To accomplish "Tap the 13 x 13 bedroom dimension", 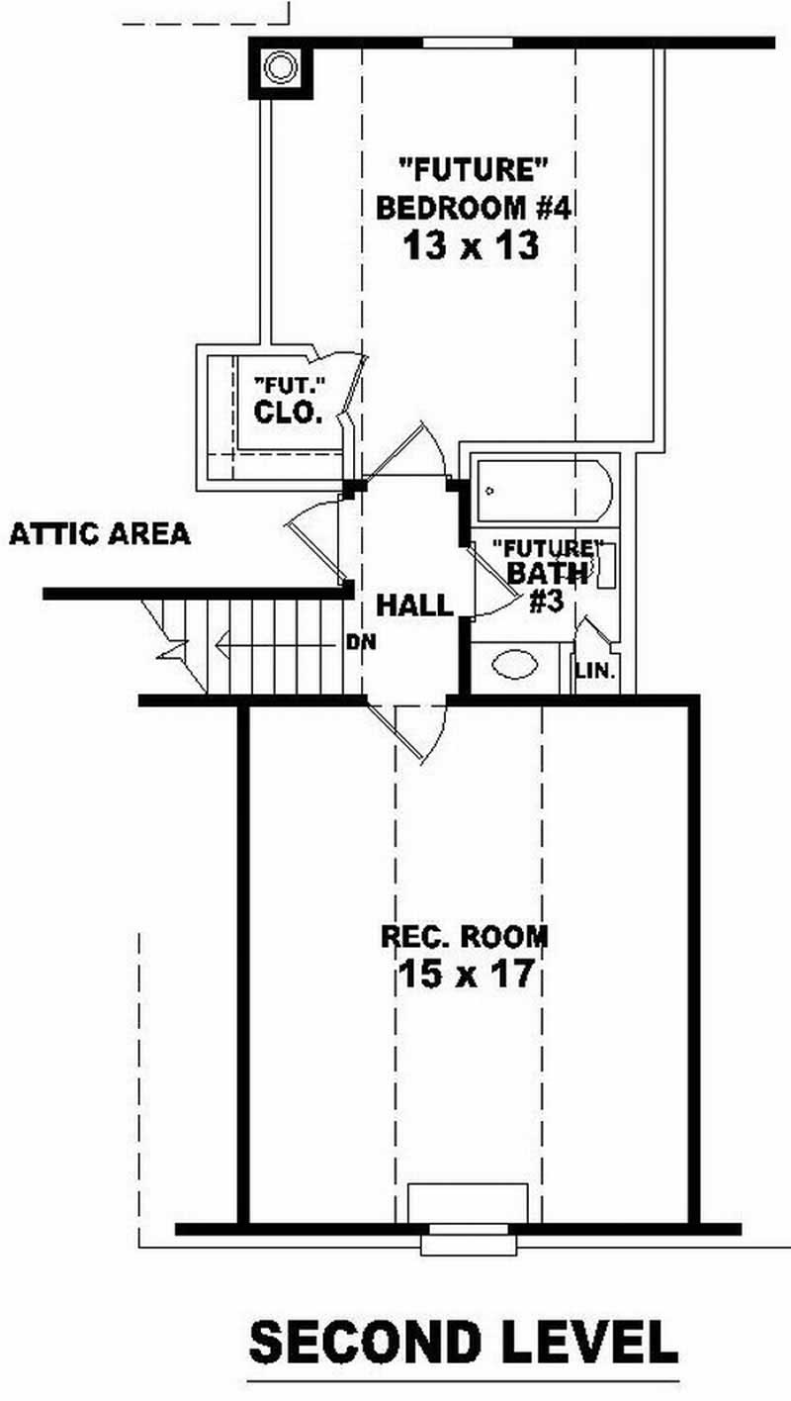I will tap(471, 245).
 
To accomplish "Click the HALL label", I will tap(414, 605).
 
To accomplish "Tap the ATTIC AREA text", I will tap(99, 535).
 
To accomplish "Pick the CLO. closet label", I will tap(288, 413).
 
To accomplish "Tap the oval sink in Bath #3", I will tap(515, 664).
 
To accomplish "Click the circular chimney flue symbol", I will tap(280, 68).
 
